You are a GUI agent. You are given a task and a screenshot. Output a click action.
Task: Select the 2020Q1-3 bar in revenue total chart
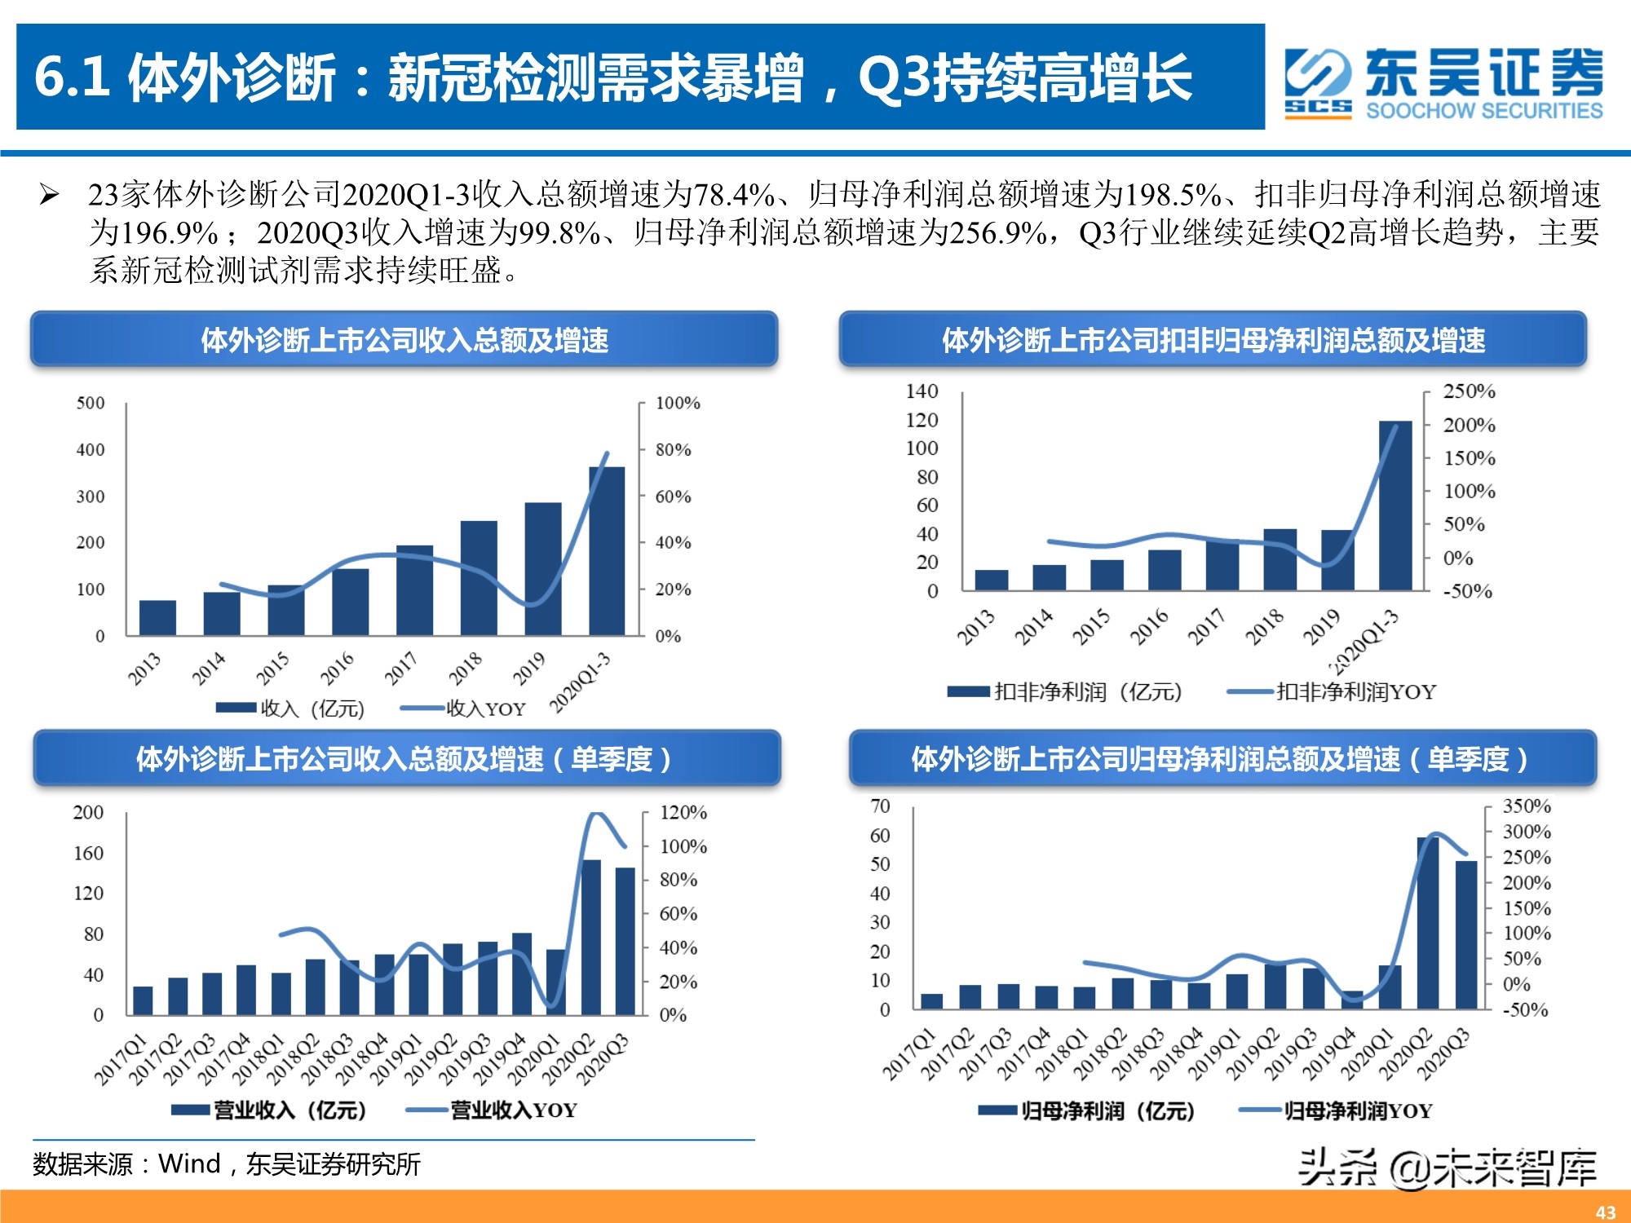[607, 550]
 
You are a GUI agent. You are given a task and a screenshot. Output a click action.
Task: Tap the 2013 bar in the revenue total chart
[157, 617]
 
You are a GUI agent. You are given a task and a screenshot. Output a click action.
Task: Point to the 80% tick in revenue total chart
[673, 449]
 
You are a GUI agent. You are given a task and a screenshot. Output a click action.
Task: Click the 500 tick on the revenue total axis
[91, 403]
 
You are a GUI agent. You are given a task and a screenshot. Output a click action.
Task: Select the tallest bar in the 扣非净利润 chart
[1395, 506]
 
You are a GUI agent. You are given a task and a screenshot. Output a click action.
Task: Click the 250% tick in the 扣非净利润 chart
[1469, 391]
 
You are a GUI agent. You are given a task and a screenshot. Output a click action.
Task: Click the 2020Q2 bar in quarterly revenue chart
[591, 937]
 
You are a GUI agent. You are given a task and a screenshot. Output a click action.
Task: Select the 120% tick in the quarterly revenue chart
[683, 812]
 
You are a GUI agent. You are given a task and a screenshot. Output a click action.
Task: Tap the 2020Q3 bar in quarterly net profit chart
[1466, 934]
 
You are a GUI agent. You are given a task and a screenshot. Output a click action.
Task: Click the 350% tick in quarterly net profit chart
[1526, 806]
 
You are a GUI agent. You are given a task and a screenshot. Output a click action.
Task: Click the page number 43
[1605, 1212]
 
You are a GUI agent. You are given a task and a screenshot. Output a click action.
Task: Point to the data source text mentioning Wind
[227, 1163]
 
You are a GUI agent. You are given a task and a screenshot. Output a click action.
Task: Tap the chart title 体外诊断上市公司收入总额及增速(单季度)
[405, 759]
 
